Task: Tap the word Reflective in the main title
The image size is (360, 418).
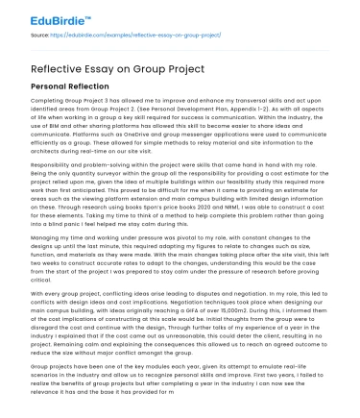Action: coord(41,68)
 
